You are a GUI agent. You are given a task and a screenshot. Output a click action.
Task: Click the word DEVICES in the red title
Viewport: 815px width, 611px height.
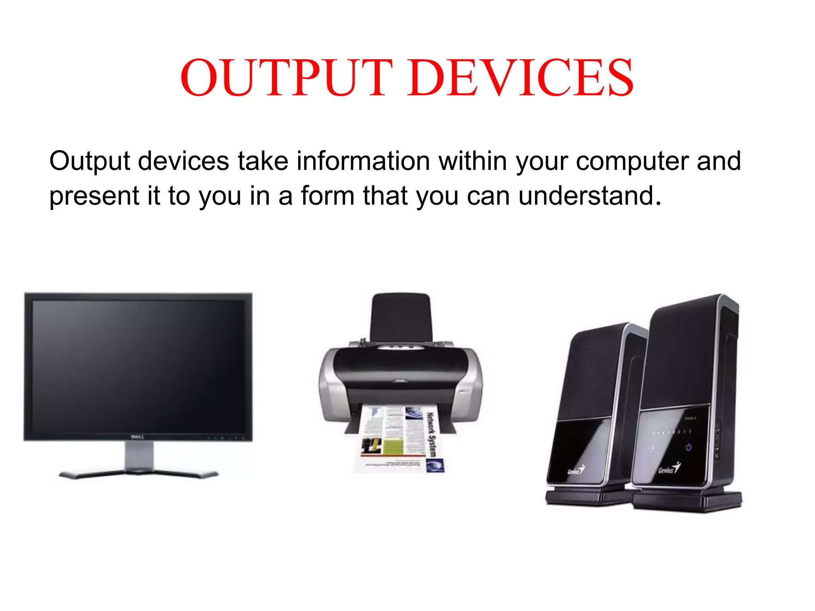[521, 78]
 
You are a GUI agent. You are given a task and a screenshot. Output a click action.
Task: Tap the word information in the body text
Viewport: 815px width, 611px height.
[363, 161]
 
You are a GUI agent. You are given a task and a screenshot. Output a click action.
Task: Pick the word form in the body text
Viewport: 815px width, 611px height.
[327, 196]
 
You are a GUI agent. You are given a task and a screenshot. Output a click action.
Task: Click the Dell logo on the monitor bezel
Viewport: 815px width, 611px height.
[137, 437]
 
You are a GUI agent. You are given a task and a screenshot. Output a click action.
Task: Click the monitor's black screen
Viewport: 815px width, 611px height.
[138, 366]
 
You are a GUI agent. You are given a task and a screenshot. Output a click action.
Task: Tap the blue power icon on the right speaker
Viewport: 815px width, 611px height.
[688, 448]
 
